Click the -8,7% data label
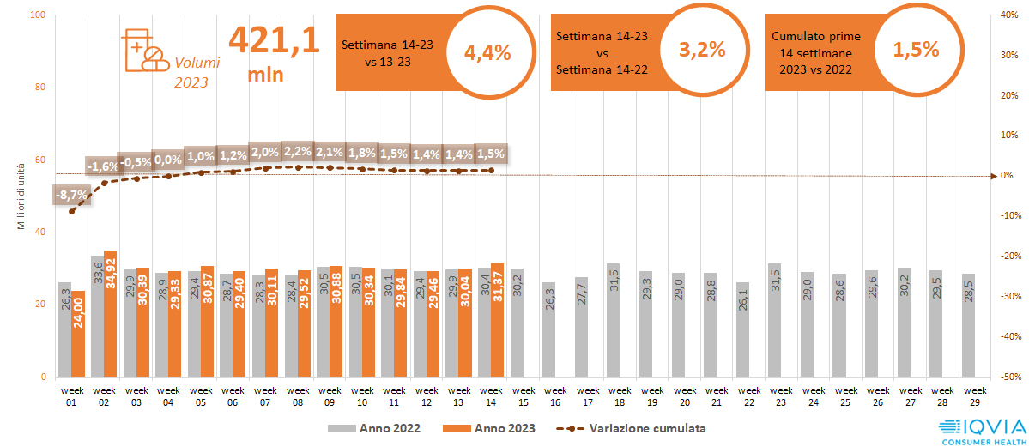pyautogui.click(x=70, y=195)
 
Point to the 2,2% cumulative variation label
pyautogui.click(x=298, y=152)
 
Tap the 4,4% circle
pyautogui.click(x=487, y=51)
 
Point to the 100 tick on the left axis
pyautogui.click(x=38, y=15)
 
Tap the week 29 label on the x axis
pyautogui.click(x=968, y=396)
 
